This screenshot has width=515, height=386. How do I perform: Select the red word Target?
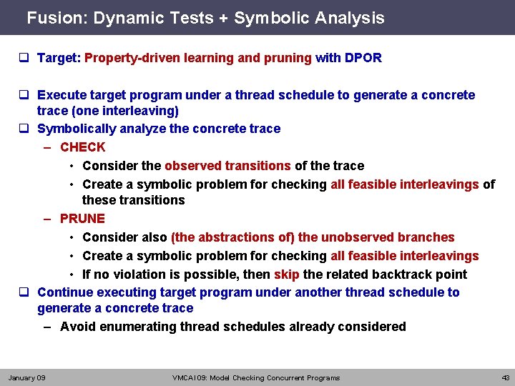tap(57, 58)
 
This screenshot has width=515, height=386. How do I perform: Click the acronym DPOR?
tap(363, 58)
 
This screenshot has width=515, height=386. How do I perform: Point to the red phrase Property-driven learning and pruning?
tap(198, 58)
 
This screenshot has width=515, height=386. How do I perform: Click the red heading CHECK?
tap(82, 147)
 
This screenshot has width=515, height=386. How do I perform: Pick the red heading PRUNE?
tap(82, 219)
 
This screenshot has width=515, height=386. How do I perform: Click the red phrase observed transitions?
tap(227, 166)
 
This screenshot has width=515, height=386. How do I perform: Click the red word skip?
tap(287, 274)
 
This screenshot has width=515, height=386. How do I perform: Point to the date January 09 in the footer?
tap(26, 377)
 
